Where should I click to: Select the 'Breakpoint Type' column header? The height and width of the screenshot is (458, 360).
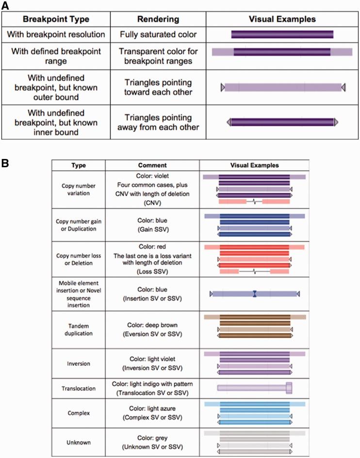(55, 19)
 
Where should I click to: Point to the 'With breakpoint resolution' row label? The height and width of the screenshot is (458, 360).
(55, 34)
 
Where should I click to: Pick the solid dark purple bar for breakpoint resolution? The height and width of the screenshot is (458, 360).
(282, 34)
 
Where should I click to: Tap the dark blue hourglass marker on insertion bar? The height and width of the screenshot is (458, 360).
(255, 294)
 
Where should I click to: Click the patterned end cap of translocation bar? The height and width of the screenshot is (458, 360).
(289, 388)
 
